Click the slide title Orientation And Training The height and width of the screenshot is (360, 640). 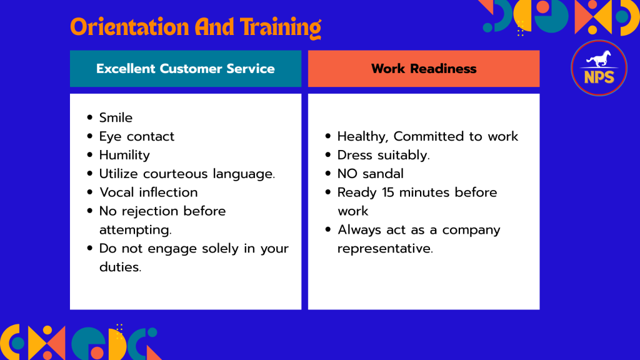196,27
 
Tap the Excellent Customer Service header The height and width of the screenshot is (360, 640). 185,69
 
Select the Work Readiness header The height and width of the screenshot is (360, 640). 424,69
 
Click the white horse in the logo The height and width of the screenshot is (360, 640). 599,59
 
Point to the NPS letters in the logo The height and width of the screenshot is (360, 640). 599,77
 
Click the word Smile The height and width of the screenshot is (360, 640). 116,118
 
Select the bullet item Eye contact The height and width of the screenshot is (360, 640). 137,136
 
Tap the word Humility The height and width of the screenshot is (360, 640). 124,155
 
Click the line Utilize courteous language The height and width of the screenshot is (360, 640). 187,174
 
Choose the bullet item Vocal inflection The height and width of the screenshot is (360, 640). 149,192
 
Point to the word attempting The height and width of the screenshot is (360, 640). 135,230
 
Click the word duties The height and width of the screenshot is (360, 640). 120,267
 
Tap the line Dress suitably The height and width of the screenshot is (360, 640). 384,155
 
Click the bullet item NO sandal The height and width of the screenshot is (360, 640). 370,174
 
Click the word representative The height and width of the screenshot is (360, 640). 385,249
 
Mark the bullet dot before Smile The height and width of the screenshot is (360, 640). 90,117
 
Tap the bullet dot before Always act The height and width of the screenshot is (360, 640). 328,229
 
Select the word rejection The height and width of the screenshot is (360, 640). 150,211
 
